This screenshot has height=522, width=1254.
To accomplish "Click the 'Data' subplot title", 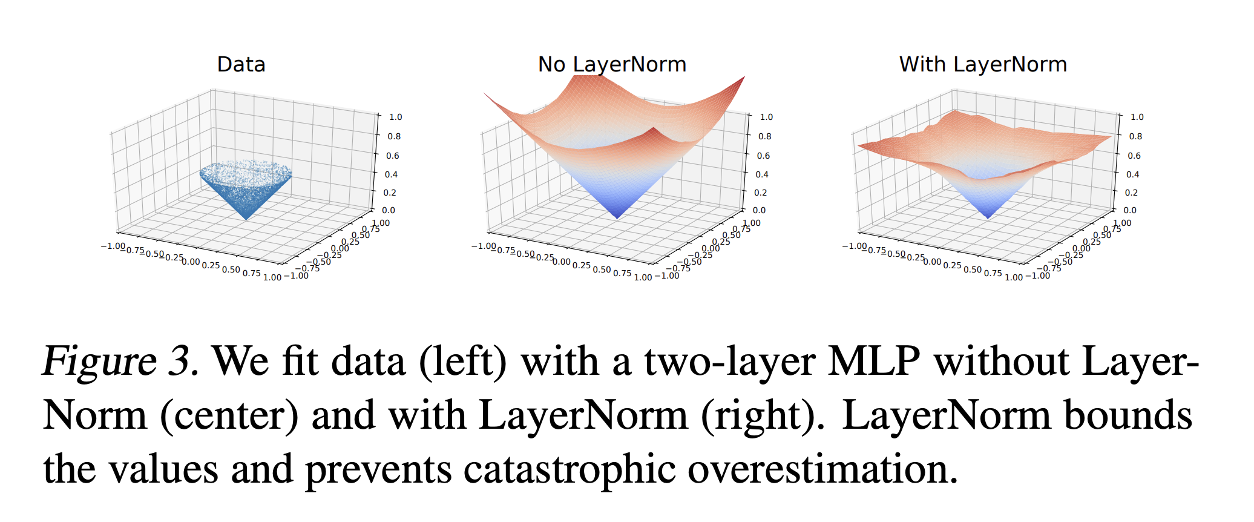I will click(x=241, y=64).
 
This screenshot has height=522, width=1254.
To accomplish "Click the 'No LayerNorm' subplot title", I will click(x=612, y=64).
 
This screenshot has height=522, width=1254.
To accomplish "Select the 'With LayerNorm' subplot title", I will click(x=983, y=64).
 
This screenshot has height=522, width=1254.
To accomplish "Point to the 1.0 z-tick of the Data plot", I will click(x=395, y=117).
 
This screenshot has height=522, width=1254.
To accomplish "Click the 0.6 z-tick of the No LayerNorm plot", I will click(x=763, y=156).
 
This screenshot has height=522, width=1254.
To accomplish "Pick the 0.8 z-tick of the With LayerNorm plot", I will click(x=1135, y=136).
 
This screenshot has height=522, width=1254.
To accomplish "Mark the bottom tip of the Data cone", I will click(x=246, y=219).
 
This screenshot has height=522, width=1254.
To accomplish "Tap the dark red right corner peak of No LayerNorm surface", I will click(x=742, y=79).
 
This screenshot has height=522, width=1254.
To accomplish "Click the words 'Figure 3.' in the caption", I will click(x=120, y=362).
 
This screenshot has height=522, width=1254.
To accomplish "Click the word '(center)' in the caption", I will click(x=229, y=416).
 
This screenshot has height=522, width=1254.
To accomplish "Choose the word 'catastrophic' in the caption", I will click(x=569, y=469).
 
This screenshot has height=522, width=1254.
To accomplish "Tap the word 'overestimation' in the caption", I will click(x=822, y=469).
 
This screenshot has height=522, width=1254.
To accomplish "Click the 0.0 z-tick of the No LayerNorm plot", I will click(x=759, y=210).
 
